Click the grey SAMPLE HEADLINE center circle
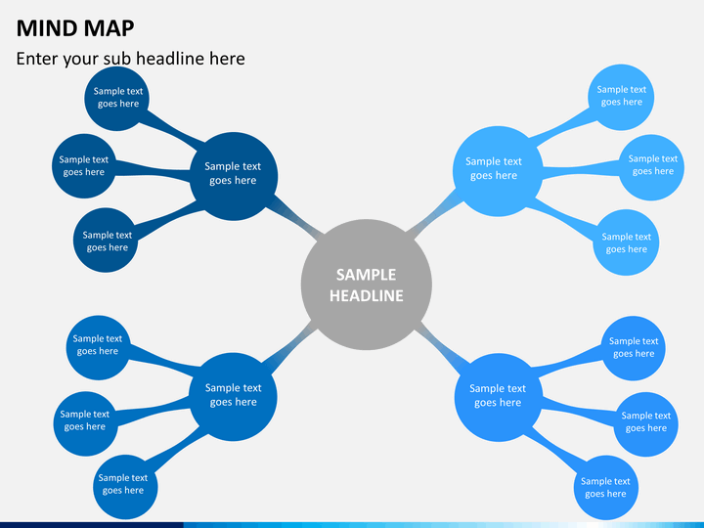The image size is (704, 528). tap(366, 285)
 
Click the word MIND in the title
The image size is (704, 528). tap(46, 27)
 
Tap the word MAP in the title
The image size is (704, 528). tap(109, 27)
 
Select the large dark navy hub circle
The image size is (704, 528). tap(233, 174)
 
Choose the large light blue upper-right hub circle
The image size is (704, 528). tap(494, 169)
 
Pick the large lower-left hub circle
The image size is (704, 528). tap(233, 395)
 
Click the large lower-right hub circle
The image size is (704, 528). tap(499, 395)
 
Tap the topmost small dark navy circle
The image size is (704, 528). tap(118, 98)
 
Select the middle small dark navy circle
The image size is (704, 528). tap(84, 166)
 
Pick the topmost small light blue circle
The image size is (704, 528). tap(622, 96)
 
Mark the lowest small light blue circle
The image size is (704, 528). tap(626, 242)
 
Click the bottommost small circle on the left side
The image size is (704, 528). tap(123, 484)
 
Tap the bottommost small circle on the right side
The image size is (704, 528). tap(605, 487)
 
